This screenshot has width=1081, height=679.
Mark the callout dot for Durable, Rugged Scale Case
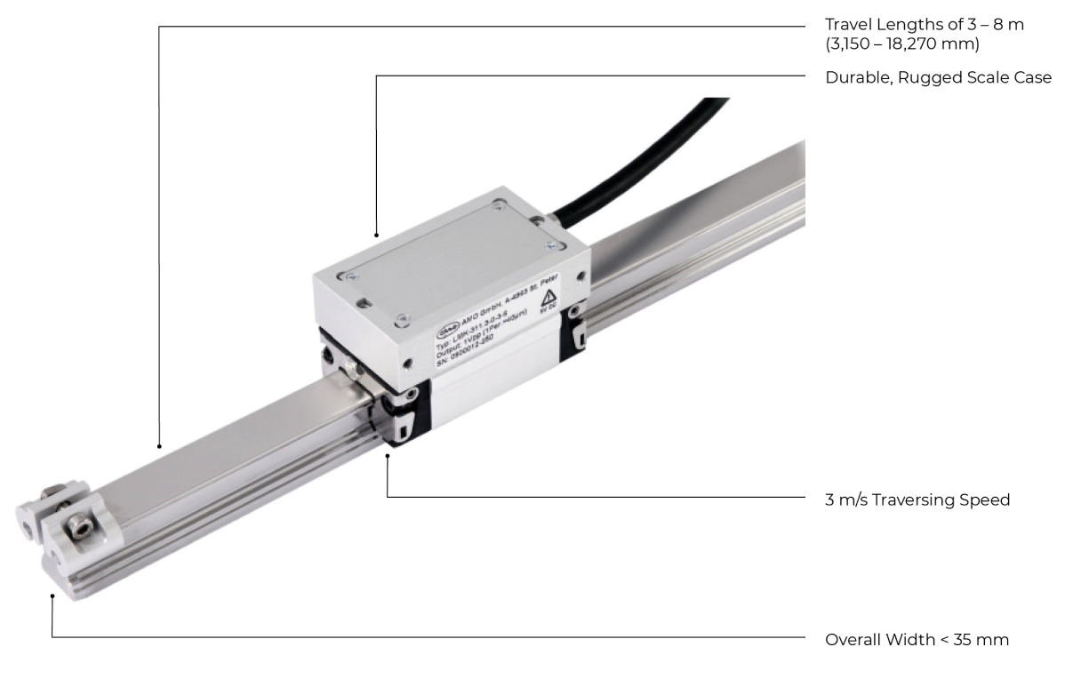pyautogui.click(x=376, y=236)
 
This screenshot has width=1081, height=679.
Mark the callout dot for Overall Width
pyautogui.click(x=52, y=596)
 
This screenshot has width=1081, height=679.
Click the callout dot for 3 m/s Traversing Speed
pyautogui.click(x=388, y=454)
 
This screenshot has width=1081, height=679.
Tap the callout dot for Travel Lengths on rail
pyautogui.click(x=159, y=444)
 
